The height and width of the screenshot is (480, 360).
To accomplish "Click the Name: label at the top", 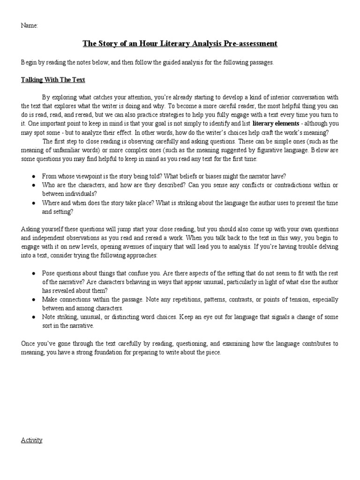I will click(30, 25).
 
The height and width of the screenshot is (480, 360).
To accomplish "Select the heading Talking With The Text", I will click(53, 80).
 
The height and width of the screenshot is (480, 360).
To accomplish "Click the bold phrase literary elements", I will click(276, 124).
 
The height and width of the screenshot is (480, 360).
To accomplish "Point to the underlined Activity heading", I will click(32, 440).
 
